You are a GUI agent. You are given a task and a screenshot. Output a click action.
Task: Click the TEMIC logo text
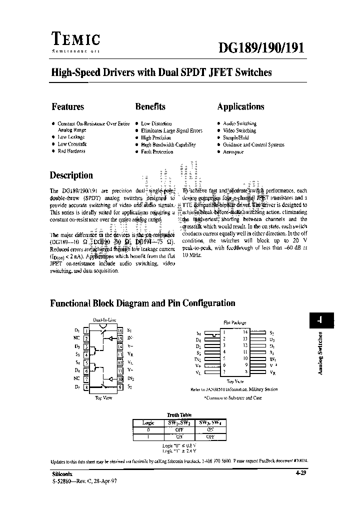(75, 39)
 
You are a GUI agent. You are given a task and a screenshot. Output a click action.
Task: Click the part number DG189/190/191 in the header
(260, 47)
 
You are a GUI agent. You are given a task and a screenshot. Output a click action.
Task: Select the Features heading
(67, 106)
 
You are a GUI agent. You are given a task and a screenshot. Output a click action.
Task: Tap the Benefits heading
(150, 106)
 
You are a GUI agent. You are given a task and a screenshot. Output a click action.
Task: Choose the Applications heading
(240, 106)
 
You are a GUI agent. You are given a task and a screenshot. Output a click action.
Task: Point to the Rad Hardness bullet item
(71, 151)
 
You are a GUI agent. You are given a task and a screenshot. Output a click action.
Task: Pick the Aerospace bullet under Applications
(233, 151)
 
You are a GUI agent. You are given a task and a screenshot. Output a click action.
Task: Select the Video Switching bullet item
(239, 130)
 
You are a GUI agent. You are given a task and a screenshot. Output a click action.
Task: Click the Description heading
(71, 175)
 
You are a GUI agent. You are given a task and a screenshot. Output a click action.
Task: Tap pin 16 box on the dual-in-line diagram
(120, 330)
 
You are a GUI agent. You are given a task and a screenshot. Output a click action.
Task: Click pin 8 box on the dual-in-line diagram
(86, 387)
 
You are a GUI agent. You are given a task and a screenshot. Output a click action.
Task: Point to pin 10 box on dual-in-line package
(120, 379)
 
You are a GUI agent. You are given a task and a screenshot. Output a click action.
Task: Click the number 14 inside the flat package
(245, 332)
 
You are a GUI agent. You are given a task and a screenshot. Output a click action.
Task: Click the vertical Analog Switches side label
(320, 352)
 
